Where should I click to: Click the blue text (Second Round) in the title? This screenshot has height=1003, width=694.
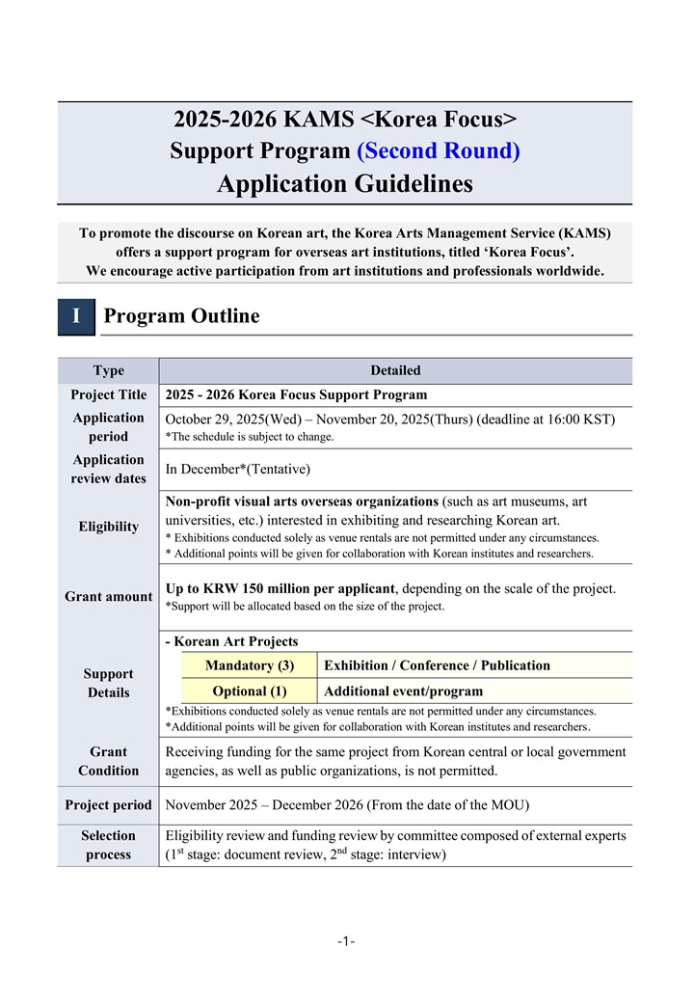[439, 151]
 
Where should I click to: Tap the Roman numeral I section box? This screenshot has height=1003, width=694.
[76, 316]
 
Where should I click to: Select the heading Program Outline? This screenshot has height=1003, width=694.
[181, 316]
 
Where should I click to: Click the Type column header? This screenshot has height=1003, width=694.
[108, 370]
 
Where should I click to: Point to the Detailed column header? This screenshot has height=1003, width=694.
[395, 370]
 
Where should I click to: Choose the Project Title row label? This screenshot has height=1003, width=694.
[108, 394]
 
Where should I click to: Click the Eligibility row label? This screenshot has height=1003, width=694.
[108, 527]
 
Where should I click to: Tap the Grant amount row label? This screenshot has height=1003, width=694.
[108, 597]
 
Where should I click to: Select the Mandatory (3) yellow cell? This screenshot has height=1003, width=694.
[250, 665]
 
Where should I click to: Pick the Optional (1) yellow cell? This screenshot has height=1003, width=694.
[250, 691]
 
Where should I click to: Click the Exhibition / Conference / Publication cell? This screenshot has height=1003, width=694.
[437, 665]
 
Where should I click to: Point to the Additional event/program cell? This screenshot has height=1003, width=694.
[404, 691]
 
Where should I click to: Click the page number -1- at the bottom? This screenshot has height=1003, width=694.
[346, 941]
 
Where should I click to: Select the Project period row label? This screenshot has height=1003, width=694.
[108, 805]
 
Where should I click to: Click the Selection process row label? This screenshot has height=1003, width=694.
[108, 845]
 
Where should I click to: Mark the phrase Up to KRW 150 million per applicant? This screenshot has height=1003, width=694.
[280, 588]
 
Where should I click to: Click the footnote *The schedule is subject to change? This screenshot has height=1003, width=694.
[250, 437]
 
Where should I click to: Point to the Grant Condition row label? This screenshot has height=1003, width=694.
[108, 761]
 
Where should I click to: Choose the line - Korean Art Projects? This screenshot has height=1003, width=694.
[232, 641]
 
